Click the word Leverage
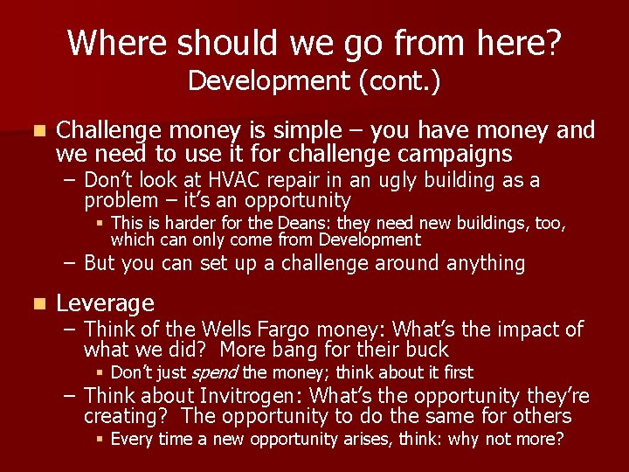click(105, 303)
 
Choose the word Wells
click(233, 330)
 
